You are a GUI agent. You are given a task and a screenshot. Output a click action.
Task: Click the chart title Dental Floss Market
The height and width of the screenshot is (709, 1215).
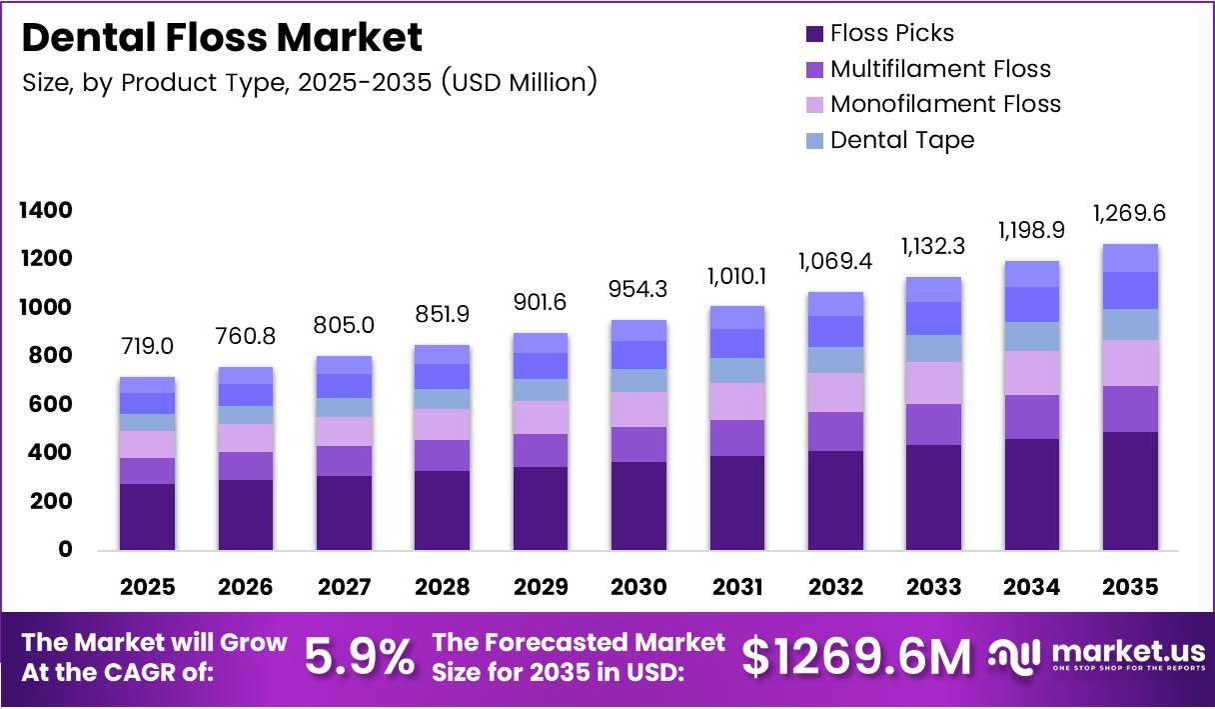[x=222, y=38]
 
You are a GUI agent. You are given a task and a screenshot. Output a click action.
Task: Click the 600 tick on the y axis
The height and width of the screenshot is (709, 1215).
[x=50, y=404]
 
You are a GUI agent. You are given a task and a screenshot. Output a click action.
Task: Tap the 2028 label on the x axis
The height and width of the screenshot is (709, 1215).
[x=442, y=587]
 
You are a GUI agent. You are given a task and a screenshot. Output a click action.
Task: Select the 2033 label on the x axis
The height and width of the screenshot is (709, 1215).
[x=934, y=587]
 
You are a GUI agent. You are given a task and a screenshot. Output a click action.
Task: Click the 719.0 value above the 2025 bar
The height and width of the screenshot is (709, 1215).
[x=147, y=346]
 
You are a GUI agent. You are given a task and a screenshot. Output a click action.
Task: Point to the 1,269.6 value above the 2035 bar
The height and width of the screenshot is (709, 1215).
[x=1129, y=213]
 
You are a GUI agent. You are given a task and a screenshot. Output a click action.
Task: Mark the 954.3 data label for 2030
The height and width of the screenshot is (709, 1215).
[x=638, y=289]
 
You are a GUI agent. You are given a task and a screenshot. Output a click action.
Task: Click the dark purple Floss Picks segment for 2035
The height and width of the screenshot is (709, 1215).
[x=1130, y=490]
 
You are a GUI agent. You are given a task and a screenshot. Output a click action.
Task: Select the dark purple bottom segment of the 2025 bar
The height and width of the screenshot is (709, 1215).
[x=147, y=516]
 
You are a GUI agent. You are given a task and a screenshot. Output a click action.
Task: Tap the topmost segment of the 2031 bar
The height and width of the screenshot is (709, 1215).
[x=736, y=317]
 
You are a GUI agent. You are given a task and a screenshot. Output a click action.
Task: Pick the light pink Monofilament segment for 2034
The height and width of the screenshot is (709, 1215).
[x=1032, y=373]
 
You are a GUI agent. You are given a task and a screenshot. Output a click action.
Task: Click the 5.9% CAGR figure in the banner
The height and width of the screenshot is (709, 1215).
[x=359, y=657]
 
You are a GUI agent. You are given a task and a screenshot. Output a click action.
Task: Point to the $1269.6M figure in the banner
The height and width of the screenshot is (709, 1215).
[x=856, y=657]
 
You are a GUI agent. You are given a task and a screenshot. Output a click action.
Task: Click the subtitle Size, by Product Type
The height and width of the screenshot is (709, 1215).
[x=310, y=82]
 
